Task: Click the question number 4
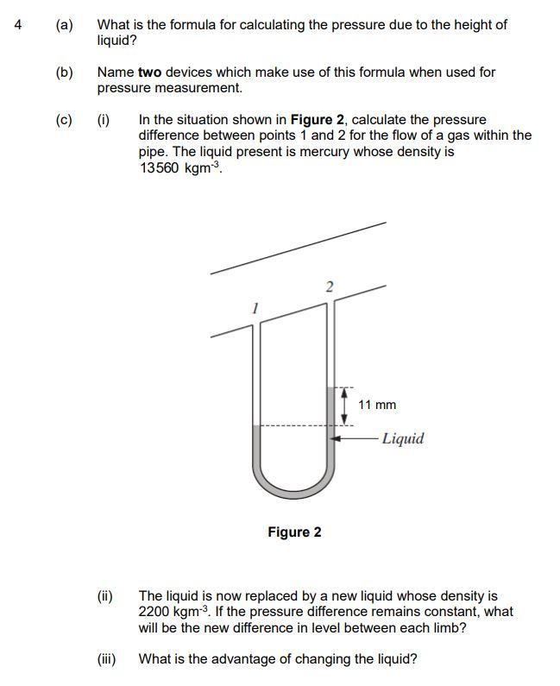tap(18, 25)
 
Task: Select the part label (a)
tap(65, 25)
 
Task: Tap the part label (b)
tap(65, 72)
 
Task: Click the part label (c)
tap(65, 119)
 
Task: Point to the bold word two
tap(149, 72)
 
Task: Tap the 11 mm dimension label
tap(377, 405)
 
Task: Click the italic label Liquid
tap(403, 438)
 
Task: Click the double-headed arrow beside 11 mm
tap(345, 405)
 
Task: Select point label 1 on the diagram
tap(255, 307)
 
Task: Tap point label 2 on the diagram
tap(328, 286)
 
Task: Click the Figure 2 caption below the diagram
tap(294, 532)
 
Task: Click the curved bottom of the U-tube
tap(294, 493)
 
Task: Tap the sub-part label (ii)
tap(105, 595)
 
